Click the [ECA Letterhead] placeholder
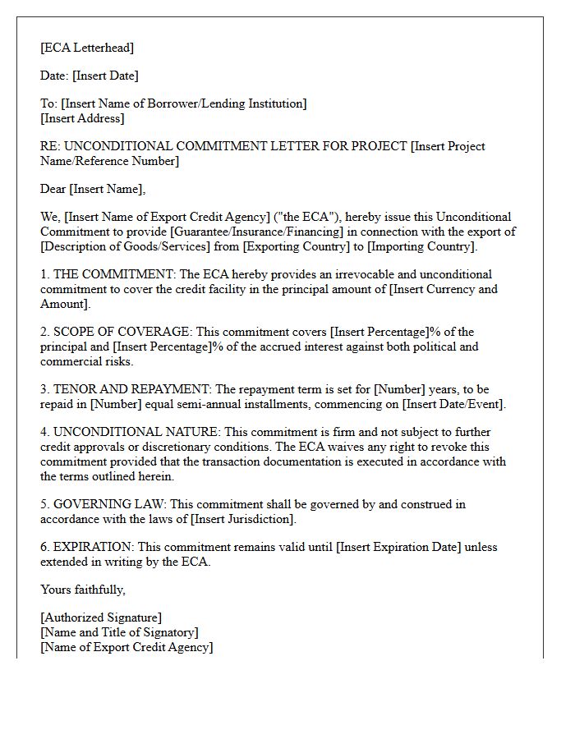tap(87, 48)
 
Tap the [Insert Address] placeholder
tap(82, 118)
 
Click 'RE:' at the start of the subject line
tap(50, 146)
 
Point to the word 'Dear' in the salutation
tap(53, 189)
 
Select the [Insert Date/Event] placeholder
tap(453, 404)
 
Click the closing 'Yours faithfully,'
tap(83, 590)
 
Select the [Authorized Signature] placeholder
tap(101, 617)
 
